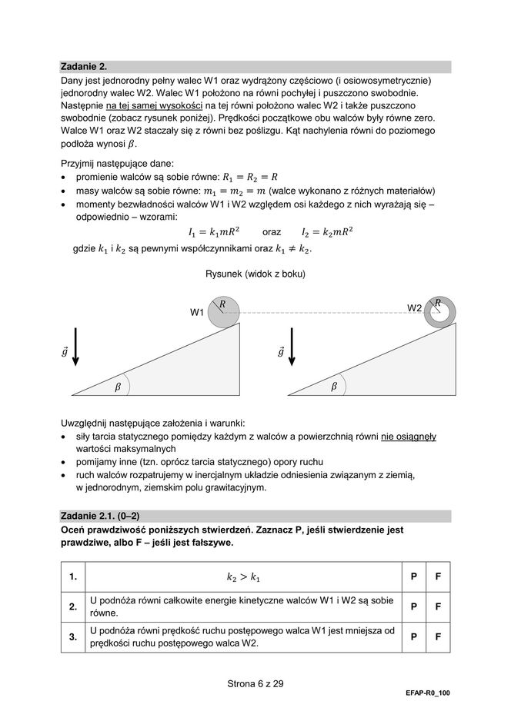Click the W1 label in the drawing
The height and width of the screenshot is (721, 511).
tap(198, 313)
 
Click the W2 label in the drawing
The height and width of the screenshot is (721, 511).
tap(415, 308)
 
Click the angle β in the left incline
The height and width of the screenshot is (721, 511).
tap(119, 387)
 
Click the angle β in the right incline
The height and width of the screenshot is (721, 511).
tap(334, 387)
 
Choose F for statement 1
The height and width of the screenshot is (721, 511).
tap(437, 576)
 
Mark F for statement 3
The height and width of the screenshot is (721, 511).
tap(437, 636)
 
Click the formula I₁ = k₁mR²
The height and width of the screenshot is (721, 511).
tap(214, 231)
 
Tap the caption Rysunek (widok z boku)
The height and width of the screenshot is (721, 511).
tap(255, 275)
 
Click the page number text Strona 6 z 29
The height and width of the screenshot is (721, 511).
tap(255, 683)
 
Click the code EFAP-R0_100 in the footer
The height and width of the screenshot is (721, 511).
tap(428, 693)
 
